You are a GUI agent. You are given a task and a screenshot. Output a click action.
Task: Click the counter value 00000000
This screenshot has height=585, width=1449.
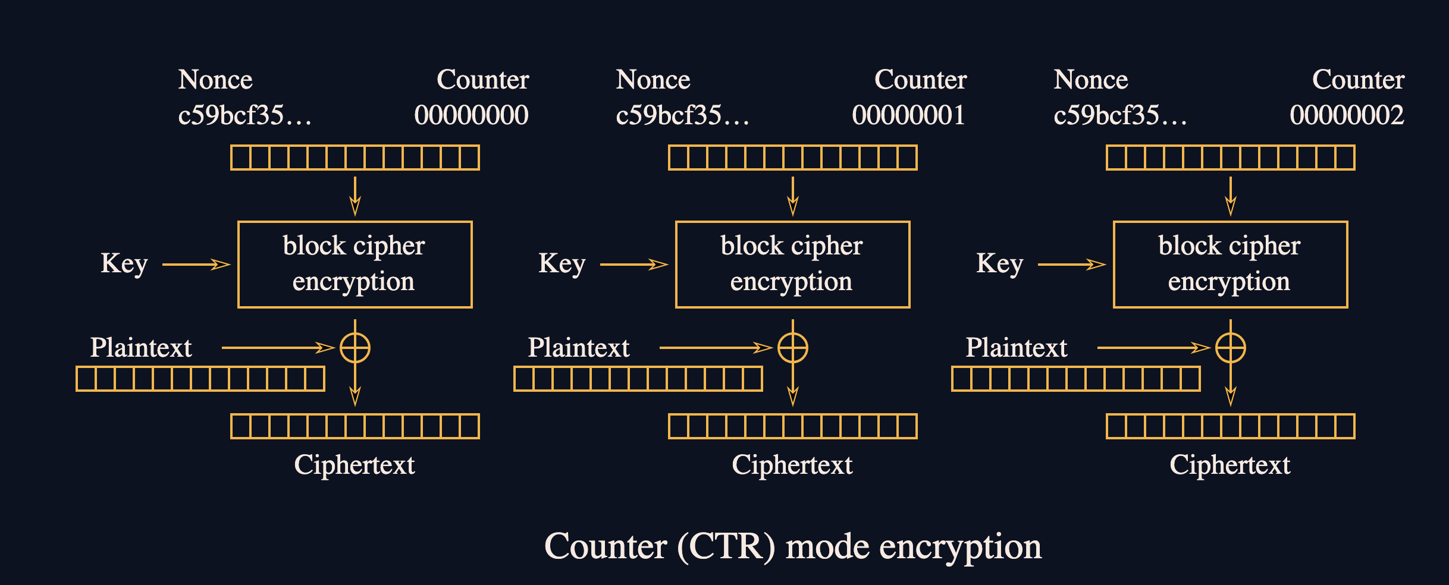pyautogui.click(x=471, y=115)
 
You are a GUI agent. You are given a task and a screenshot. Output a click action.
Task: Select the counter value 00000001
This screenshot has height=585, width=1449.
pyautogui.click(x=908, y=115)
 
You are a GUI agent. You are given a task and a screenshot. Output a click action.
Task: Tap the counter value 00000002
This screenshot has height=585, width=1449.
pyautogui.click(x=1347, y=115)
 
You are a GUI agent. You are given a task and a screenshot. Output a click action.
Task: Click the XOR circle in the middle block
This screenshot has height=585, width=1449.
pyautogui.click(x=793, y=348)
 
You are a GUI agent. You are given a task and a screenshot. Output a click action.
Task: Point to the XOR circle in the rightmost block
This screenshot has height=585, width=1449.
pyautogui.click(x=1231, y=348)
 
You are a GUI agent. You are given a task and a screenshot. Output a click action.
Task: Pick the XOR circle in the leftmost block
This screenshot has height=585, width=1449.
pyautogui.click(x=355, y=348)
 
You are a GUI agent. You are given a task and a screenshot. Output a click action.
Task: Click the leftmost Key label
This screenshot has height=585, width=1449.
pyautogui.click(x=124, y=263)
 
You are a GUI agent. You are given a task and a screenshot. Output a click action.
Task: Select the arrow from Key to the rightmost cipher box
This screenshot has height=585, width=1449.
pyautogui.click(x=1071, y=265)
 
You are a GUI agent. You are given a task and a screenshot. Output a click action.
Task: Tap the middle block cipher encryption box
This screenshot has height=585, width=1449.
pyautogui.click(x=792, y=265)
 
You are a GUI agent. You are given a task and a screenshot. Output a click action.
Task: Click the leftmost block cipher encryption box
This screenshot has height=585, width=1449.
pyautogui.click(x=355, y=265)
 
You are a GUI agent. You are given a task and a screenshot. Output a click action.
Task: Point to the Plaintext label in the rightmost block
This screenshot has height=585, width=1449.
pyautogui.click(x=1016, y=348)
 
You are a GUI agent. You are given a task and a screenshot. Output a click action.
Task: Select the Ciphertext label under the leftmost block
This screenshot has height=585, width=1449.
pyautogui.click(x=355, y=465)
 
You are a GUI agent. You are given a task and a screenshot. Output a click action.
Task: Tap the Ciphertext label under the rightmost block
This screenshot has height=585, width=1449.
pyautogui.click(x=1230, y=465)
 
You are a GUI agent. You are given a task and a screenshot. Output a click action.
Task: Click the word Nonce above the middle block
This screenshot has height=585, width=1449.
pyautogui.click(x=653, y=80)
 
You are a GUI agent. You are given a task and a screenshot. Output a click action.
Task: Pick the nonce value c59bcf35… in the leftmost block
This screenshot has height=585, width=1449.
pyautogui.click(x=244, y=115)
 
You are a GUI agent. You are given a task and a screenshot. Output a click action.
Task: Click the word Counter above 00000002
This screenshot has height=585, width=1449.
pyautogui.click(x=1358, y=80)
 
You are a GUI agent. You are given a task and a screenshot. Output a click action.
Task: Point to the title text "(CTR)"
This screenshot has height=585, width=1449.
pyautogui.click(x=726, y=547)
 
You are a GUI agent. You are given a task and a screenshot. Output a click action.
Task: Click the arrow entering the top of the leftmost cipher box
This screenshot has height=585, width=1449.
pyautogui.click(x=355, y=196)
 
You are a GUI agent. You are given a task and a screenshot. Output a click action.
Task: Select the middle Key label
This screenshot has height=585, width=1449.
pyautogui.click(x=562, y=263)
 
